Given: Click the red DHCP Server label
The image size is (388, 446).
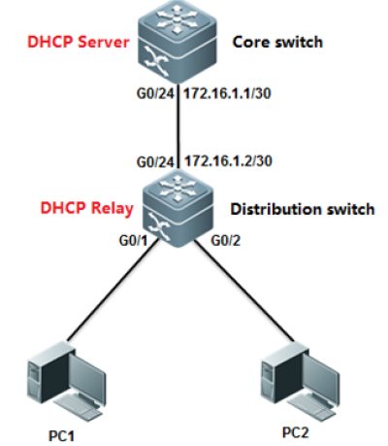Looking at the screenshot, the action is (x=79, y=42).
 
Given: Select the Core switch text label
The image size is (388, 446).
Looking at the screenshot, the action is (x=277, y=42).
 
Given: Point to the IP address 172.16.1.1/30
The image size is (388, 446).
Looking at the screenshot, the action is (x=227, y=93).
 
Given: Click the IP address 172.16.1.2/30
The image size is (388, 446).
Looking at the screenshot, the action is (x=228, y=160).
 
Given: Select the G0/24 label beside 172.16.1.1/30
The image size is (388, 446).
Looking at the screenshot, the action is (x=155, y=94).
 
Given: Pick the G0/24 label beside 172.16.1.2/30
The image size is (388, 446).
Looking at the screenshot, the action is (x=155, y=161).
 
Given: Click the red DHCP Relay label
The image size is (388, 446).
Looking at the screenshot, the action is (x=87, y=208).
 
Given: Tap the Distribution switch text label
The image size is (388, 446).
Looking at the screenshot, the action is (x=303, y=209).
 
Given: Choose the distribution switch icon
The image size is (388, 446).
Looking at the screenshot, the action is (x=178, y=210).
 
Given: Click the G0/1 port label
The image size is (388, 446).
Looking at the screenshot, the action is (x=133, y=241).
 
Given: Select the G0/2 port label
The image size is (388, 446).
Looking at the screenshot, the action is (x=226, y=241).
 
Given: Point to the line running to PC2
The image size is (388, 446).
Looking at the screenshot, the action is (x=244, y=291).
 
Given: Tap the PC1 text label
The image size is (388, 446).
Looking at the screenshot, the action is (x=61, y=435).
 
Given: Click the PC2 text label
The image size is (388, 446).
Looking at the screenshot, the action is (x=296, y=432).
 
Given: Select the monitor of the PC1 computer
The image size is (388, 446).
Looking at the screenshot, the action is (x=87, y=377).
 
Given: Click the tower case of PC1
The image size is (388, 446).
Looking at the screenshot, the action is (x=49, y=375).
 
